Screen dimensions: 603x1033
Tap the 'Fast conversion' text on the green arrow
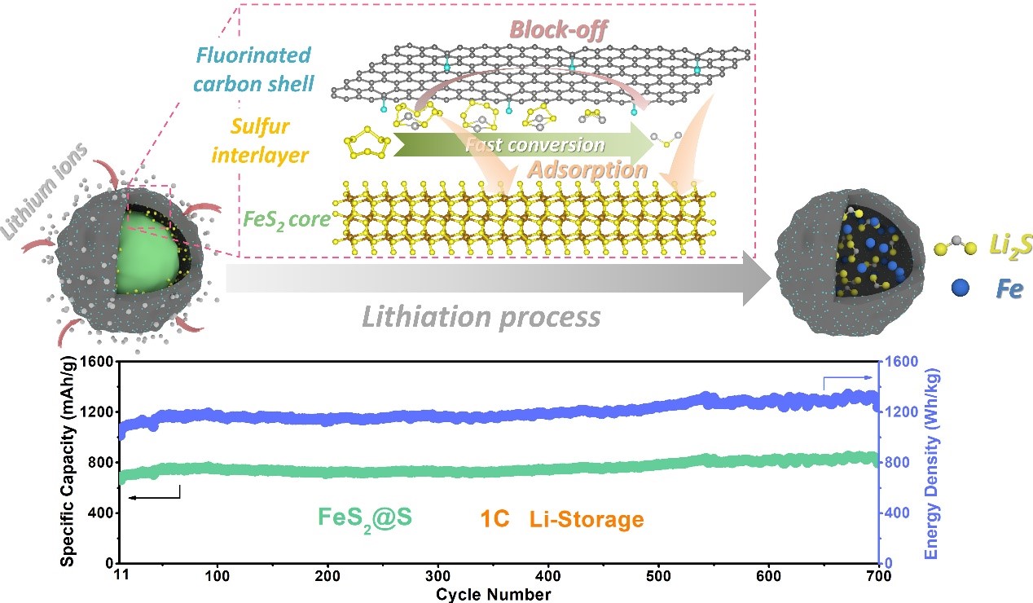click(x=534, y=145)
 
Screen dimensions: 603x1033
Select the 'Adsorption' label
click(x=586, y=170)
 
